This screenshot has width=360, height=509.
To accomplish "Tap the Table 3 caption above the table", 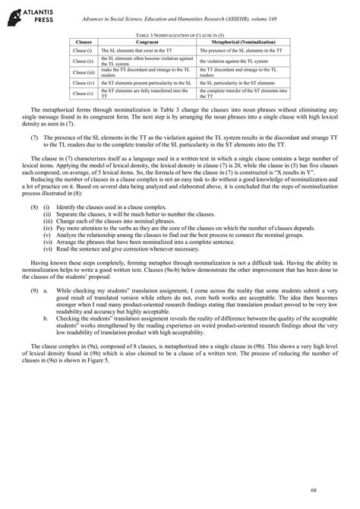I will [x=180, y=35].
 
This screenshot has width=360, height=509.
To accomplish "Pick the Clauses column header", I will [x=81, y=42].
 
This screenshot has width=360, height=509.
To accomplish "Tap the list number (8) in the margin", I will [x=34, y=207].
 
